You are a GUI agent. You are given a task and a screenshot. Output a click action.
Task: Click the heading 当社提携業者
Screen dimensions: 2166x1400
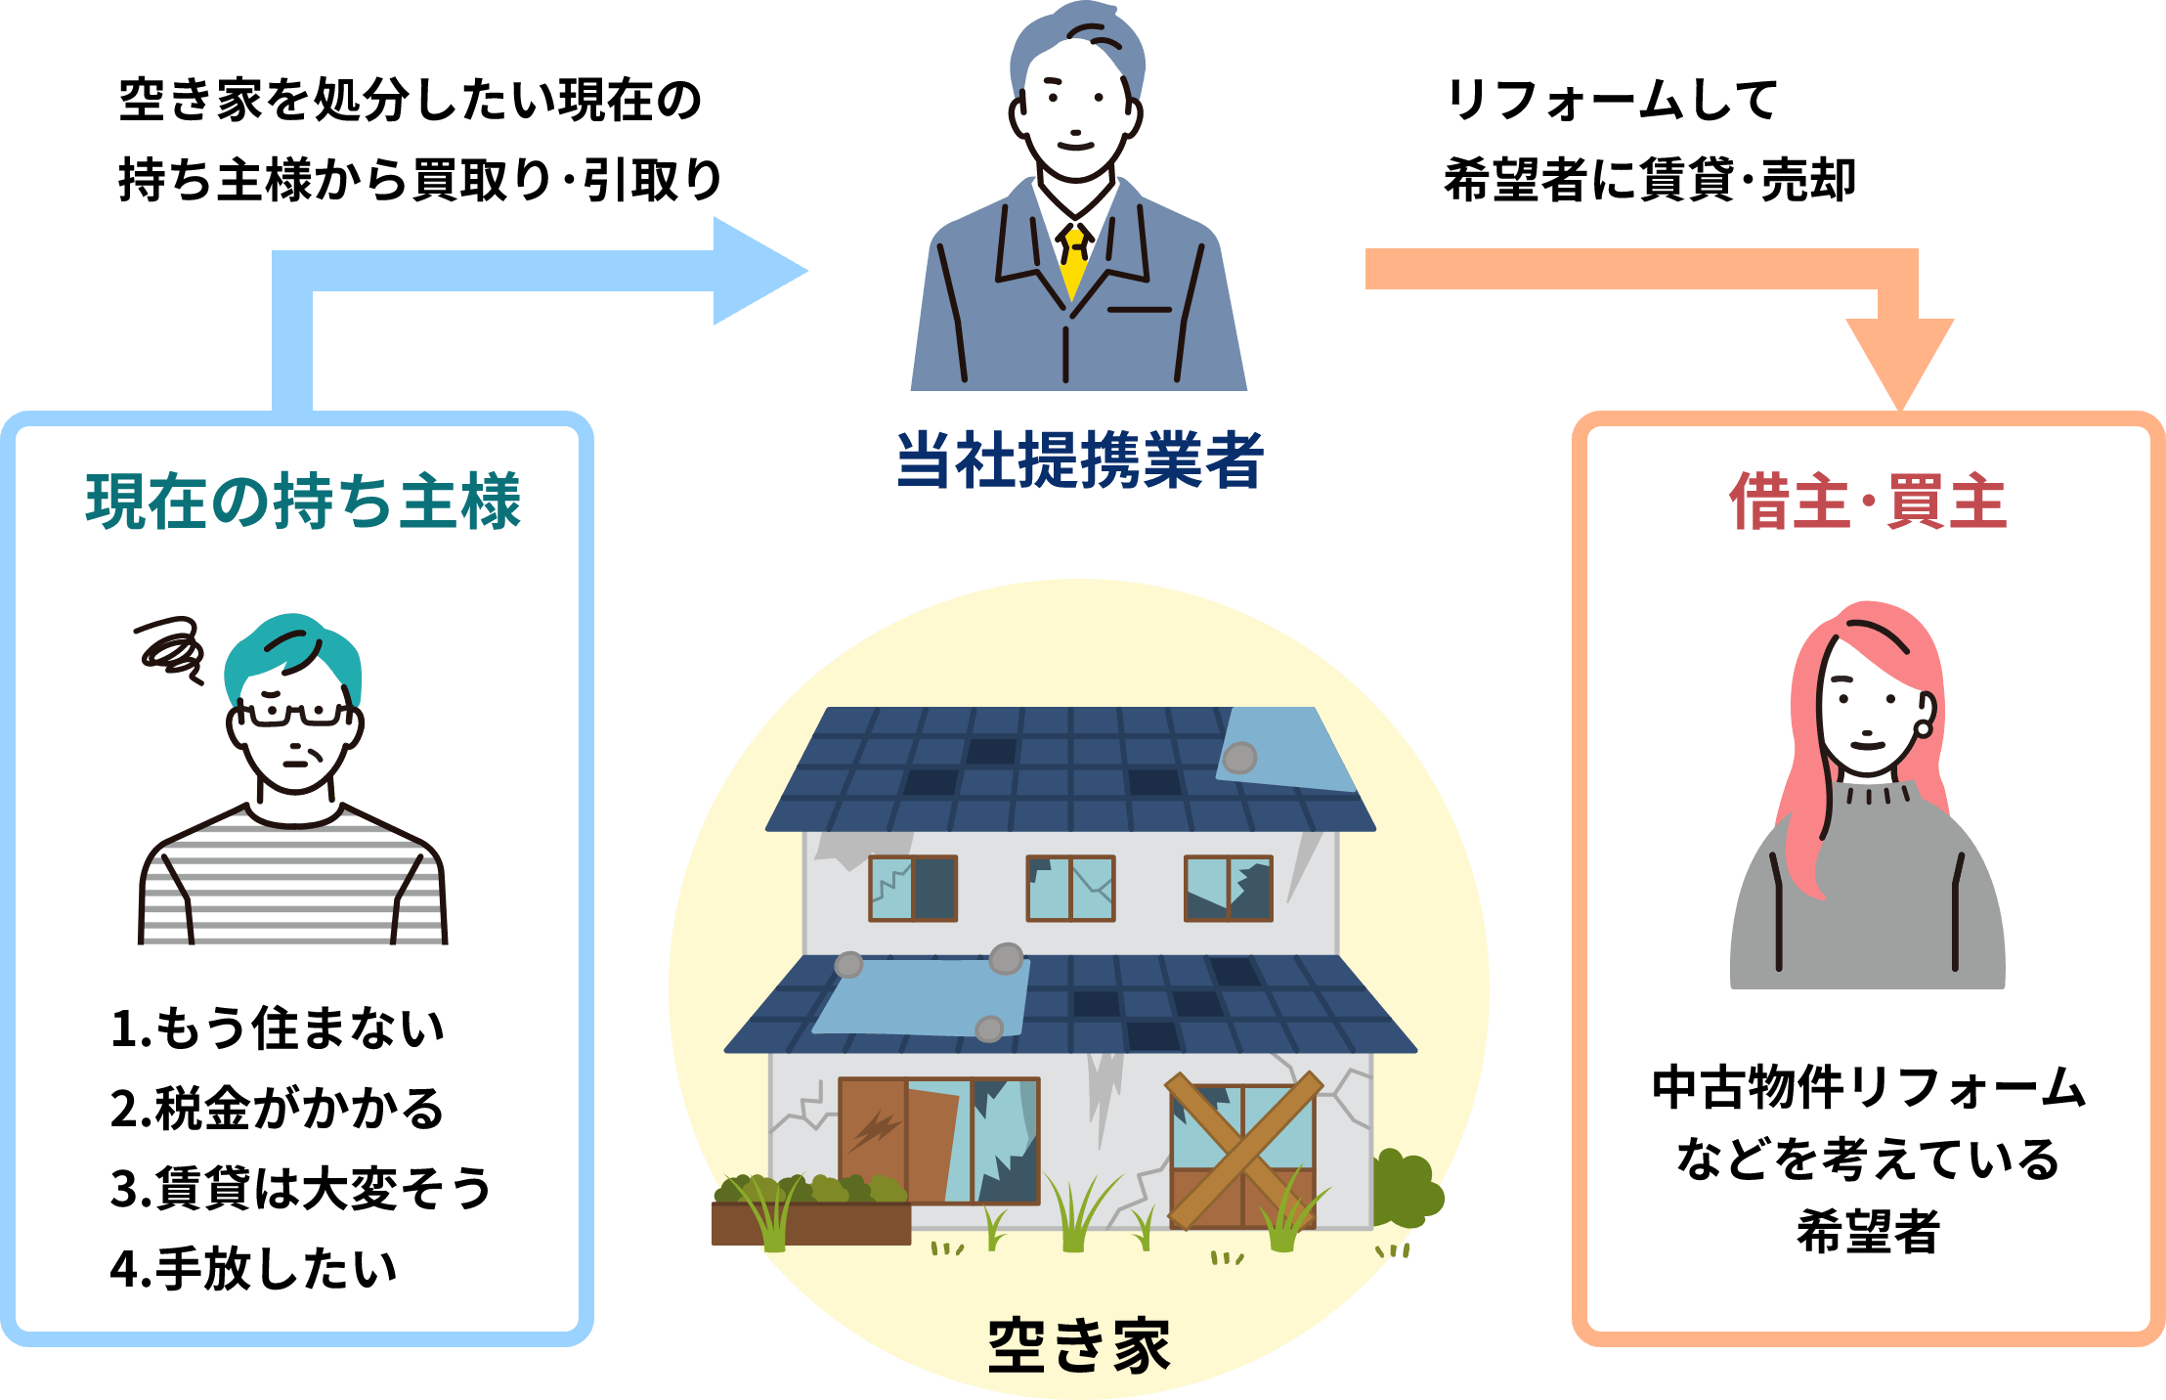pyautogui.click(x=1080, y=459)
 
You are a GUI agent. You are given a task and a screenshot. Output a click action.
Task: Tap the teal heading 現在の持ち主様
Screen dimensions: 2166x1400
pyautogui.click(x=303, y=502)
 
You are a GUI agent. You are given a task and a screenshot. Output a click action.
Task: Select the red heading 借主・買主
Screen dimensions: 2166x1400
pyautogui.click(x=1868, y=502)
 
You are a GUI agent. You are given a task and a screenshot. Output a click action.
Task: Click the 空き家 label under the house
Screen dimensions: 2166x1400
pyautogui.click(x=1079, y=1345)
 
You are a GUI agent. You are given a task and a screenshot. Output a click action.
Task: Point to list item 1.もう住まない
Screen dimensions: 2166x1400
pyautogui.click(x=278, y=1028)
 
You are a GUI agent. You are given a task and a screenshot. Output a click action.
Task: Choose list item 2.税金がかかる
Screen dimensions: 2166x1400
pyautogui.click(x=278, y=1109)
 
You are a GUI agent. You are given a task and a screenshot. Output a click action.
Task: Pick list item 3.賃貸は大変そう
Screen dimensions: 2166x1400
pyautogui.click(x=301, y=1189)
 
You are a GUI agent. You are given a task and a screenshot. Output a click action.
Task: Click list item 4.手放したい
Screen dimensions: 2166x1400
pyautogui.click(x=254, y=1269)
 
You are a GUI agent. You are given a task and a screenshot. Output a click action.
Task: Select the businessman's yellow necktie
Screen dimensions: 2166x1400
pyautogui.click(x=1075, y=259)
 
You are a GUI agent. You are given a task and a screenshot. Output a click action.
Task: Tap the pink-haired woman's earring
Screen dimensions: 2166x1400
pyautogui.click(x=1923, y=728)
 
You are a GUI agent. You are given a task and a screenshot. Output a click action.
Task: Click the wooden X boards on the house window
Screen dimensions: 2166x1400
pyautogui.click(x=1242, y=1151)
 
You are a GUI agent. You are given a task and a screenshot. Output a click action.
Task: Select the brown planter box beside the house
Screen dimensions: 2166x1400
pyautogui.click(x=811, y=1223)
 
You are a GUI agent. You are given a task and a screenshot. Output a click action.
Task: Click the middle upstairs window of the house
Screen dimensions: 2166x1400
pyautogui.click(x=1070, y=888)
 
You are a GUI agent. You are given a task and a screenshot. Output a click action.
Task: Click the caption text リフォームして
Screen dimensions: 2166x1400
pyautogui.click(x=1611, y=100)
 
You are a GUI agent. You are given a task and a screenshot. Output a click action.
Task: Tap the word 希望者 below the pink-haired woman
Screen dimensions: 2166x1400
pyautogui.click(x=1868, y=1231)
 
